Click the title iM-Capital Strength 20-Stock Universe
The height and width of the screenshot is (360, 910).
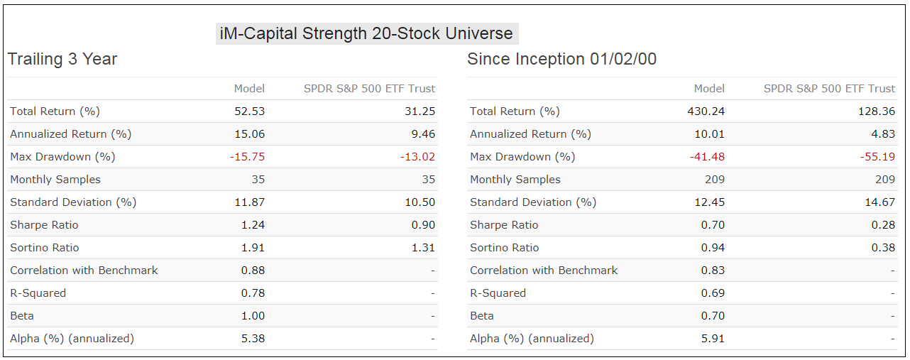click(366, 33)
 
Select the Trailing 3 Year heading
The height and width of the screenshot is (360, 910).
click(62, 59)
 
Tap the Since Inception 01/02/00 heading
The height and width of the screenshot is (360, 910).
click(561, 59)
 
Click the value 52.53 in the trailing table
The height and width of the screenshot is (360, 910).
click(249, 111)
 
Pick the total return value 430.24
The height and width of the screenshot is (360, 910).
click(706, 111)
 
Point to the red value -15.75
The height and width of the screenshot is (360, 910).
click(248, 157)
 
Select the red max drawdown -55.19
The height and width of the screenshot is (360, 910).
click(877, 157)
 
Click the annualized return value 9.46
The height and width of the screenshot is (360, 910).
click(423, 134)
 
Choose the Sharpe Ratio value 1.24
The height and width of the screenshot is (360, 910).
click(253, 225)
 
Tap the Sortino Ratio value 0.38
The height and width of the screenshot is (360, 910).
click(883, 248)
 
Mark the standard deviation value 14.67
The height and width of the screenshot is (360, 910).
click(880, 202)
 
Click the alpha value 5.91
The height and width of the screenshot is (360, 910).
click(713, 339)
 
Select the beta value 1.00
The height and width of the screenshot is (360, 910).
click(253, 316)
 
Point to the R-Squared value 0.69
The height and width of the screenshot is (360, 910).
click(713, 293)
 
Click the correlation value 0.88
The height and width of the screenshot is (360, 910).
click(253, 271)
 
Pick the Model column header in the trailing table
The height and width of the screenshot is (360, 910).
click(249, 89)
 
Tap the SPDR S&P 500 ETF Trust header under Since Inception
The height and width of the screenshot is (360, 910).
click(829, 89)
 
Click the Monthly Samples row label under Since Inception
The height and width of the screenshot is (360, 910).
click(515, 180)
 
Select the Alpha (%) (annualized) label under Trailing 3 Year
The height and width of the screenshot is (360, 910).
click(72, 339)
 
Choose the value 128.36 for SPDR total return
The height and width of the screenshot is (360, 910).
click(877, 111)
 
